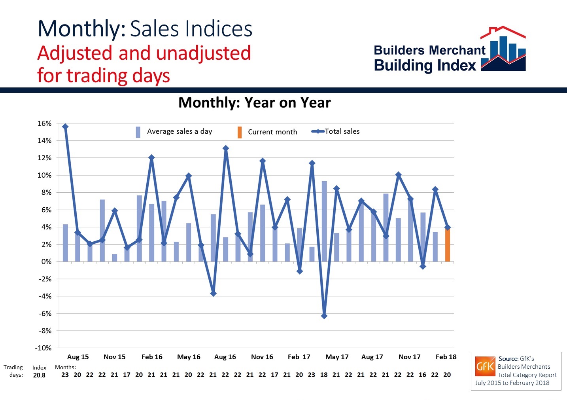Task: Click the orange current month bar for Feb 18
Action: [x=447, y=245]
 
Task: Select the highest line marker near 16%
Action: [x=65, y=127]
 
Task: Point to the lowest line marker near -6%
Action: [x=324, y=316]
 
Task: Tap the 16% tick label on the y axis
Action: [x=44, y=123]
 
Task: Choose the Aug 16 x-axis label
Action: [x=225, y=357]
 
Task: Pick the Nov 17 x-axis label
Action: [x=409, y=357]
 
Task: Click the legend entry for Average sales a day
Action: [x=179, y=131]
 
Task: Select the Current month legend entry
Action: [x=272, y=132]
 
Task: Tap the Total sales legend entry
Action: [x=342, y=131]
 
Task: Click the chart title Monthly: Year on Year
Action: [x=254, y=103]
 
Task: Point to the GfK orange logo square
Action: [x=485, y=366]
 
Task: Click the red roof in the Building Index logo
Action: [x=503, y=32]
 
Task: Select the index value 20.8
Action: [x=39, y=375]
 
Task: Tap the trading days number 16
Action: [x=422, y=375]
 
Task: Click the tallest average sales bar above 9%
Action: [x=324, y=221]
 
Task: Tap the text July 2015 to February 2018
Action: [x=512, y=383]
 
